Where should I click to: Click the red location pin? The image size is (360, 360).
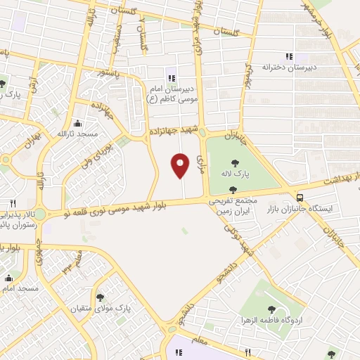point(181,166)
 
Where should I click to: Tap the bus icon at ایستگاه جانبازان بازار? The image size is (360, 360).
point(301,198)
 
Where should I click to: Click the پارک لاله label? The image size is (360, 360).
point(232,174)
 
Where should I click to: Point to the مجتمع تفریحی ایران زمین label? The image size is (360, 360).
point(233,205)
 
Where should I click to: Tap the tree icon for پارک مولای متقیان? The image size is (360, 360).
point(101,297)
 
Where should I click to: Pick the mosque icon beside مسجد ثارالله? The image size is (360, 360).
point(86,124)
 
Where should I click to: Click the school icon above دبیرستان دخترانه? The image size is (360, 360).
point(288,56)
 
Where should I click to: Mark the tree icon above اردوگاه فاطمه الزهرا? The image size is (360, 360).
point(271,309)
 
